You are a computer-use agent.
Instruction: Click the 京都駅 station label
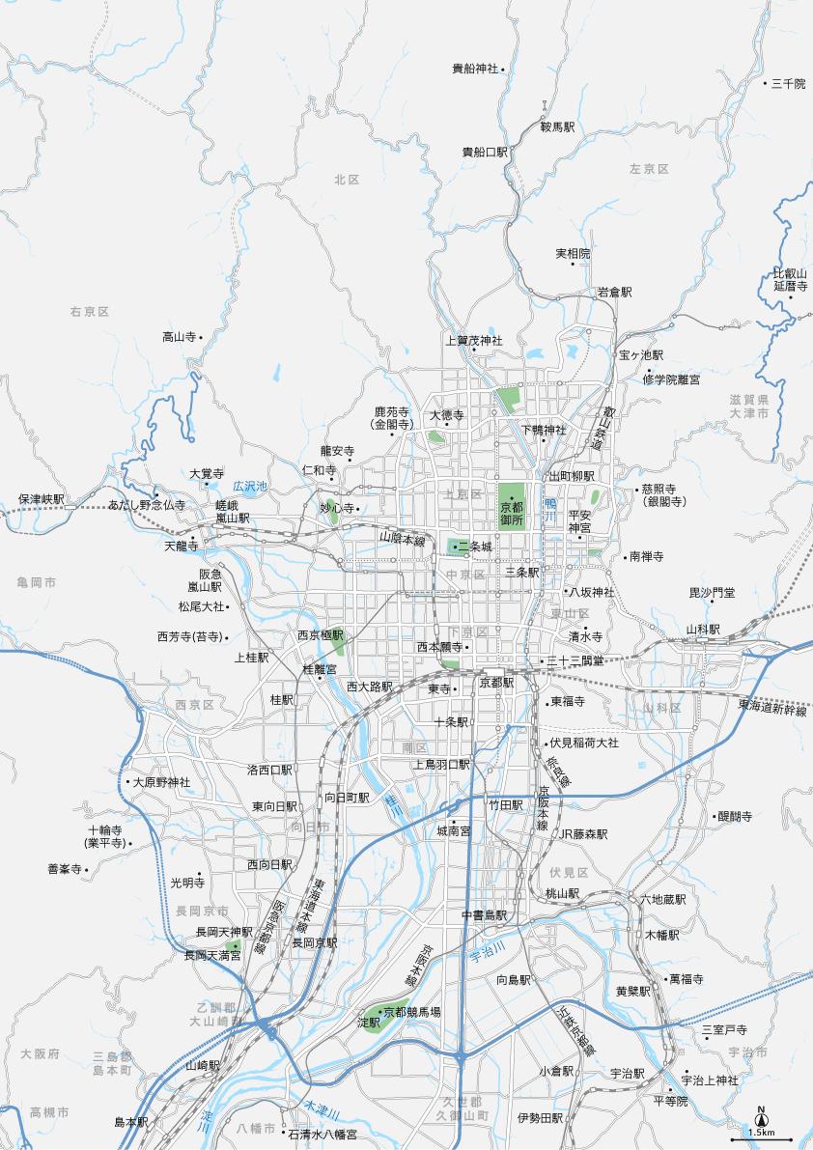pos(497,682)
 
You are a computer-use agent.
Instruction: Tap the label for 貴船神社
pos(475,69)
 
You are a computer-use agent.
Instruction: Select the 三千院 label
pos(788,84)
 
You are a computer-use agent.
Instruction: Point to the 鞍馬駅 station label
pos(557,126)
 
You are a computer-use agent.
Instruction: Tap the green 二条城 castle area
pos(456,547)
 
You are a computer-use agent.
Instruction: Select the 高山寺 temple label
pos(180,337)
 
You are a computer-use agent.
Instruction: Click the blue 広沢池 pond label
pos(250,486)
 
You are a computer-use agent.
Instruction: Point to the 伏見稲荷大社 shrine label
pos(583,743)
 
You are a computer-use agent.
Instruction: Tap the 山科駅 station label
pos(703,630)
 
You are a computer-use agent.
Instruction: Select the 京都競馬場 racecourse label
pos(411,1012)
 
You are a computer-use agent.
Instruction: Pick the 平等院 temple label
pos(670,1101)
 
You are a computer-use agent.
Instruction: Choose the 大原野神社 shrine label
pos(161,782)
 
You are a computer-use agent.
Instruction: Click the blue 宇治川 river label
pos(487,951)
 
